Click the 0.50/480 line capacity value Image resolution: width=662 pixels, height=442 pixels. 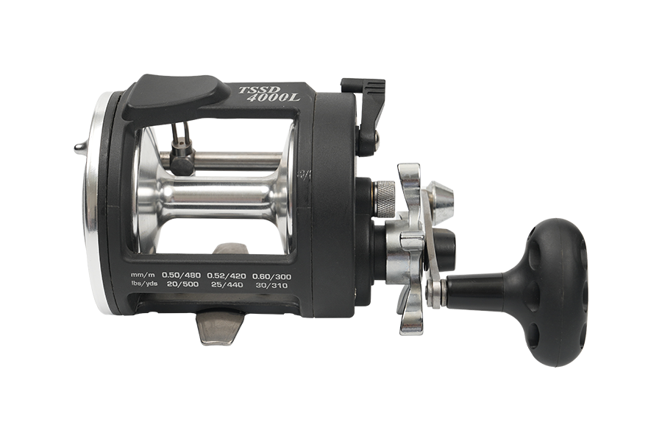(x=181, y=276)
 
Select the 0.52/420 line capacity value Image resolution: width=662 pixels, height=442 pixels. (x=226, y=276)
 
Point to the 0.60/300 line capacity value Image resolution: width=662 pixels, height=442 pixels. (x=271, y=277)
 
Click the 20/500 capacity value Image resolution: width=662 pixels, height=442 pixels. (x=182, y=284)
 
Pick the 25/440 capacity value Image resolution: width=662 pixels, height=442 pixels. (x=227, y=284)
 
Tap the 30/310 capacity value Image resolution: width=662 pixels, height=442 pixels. (x=271, y=285)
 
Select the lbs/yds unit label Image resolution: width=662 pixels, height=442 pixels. (x=144, y=284)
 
